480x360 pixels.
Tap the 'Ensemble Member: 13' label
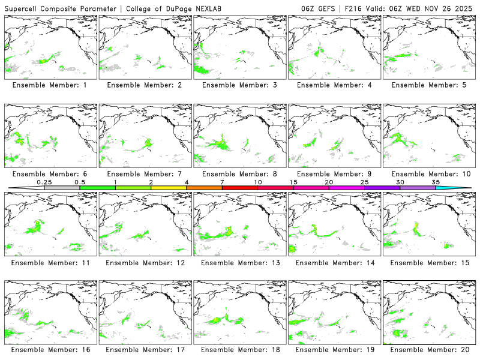[x=241, y=262]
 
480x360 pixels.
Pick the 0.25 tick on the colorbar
[x=44, y=182]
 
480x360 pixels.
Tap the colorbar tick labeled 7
[x=222, y=182]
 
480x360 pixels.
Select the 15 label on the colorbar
[x=293, y=182]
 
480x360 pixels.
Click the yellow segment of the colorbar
[x=169, y=188]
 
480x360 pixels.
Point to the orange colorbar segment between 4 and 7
[x=204, y=188]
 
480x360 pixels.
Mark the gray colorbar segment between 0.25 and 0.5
[x=62, y=188]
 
